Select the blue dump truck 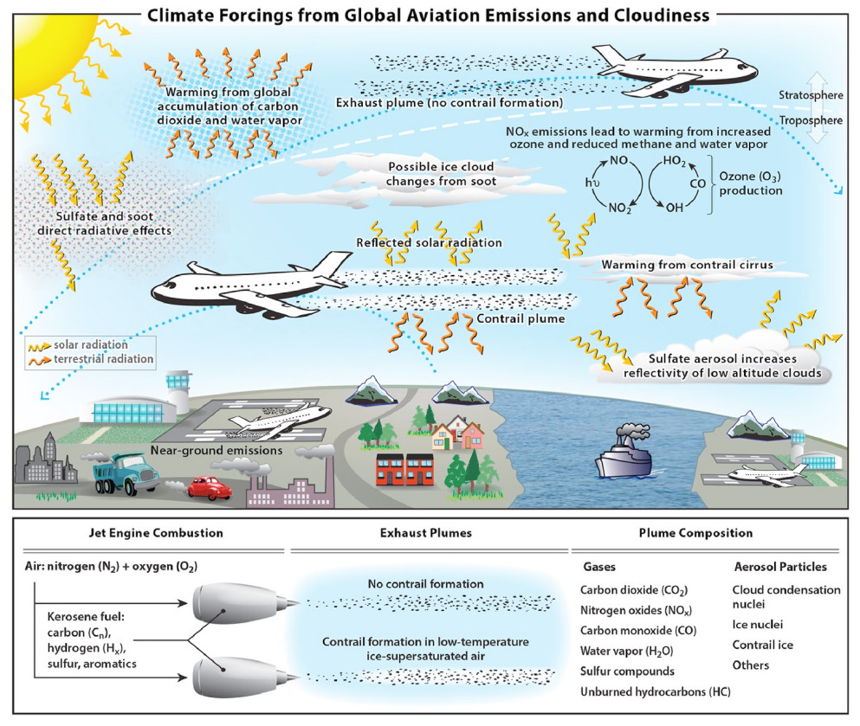120,472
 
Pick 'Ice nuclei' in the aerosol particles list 758,623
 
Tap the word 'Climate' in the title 186,15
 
